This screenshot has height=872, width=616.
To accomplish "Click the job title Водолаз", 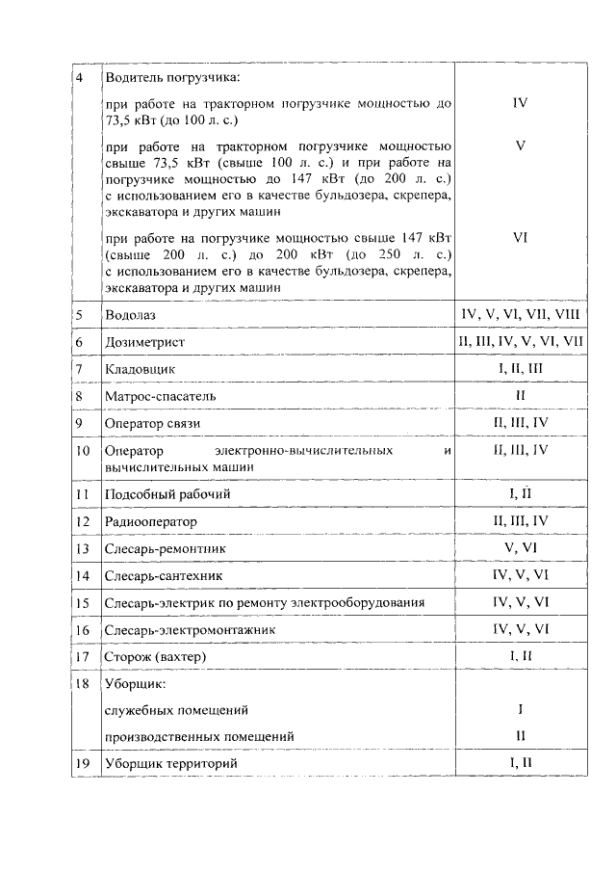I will [129, 315].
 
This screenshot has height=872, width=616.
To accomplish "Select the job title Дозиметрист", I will [143, 342].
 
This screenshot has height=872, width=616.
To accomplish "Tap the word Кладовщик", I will [139, 369].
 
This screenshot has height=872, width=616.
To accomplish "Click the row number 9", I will [80, 423].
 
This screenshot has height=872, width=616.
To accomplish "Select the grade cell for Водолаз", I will [520, 314].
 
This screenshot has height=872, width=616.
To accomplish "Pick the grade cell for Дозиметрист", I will [520, 341].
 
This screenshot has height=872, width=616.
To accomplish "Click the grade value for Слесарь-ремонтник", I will [520, 548].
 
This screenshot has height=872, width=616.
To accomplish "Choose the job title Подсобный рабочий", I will [167, 494].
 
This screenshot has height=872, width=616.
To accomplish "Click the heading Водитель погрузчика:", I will [171, 76].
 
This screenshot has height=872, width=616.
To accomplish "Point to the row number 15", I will [82, 602].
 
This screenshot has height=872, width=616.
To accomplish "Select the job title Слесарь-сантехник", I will [163, 575].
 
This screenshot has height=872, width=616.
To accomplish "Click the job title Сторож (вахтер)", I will [155, 656].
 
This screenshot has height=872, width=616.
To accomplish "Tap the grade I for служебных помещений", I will [520, 710].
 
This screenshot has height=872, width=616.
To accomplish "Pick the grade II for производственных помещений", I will [520, 736].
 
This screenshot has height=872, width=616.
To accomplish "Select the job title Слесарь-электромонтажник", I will [189, 629].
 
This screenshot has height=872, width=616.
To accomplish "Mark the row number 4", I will [79, 76].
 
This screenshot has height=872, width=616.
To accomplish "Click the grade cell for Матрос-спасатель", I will [520, 395].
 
